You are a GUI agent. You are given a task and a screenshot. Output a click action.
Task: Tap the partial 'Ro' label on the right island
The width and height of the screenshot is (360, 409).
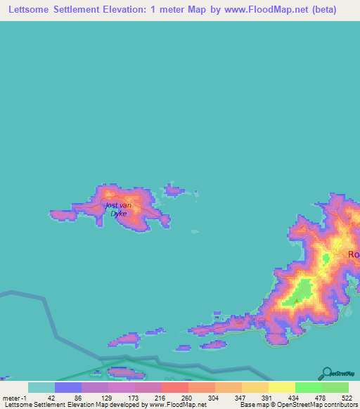pos(353,254)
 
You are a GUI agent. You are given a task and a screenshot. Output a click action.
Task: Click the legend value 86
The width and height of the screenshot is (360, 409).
pos(81,398)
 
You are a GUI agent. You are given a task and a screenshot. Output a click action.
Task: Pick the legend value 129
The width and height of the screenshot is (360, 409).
pos(108,398)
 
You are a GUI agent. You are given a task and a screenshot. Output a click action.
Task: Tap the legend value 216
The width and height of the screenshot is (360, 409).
pos(161,398)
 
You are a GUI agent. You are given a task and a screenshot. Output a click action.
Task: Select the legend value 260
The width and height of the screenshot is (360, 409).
pos(188,398)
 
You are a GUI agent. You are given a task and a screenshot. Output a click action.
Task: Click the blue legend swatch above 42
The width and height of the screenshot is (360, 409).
pos(67,387)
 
